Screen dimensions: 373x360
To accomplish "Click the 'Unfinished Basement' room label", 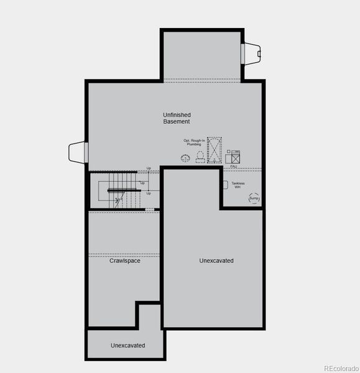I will tap(177, 118).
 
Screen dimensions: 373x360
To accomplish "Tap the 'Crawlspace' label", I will tap(124, 260).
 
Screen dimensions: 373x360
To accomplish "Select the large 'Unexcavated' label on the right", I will tap(216, 260).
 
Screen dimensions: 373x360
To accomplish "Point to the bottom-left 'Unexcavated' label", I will tap(128, 345).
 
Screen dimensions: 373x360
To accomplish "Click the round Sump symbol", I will tap(254, 198).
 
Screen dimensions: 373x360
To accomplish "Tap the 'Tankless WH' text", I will tap(238, 185).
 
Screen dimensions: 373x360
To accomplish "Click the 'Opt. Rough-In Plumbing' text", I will tap(194, 142).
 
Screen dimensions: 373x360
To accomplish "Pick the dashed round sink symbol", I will tap(185, 159).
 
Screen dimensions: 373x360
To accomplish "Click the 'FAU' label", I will tap(234, 167).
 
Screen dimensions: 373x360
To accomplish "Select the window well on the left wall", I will tap(77, 151).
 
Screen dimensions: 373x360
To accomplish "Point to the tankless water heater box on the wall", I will tap(224, 185).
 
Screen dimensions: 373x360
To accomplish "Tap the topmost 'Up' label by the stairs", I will tap(149, 168).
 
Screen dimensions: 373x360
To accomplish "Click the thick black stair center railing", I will tap(122, 190).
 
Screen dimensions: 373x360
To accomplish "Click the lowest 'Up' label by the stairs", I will tap(149, 193).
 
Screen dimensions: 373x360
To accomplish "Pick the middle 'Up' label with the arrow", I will tap(142, 183).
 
